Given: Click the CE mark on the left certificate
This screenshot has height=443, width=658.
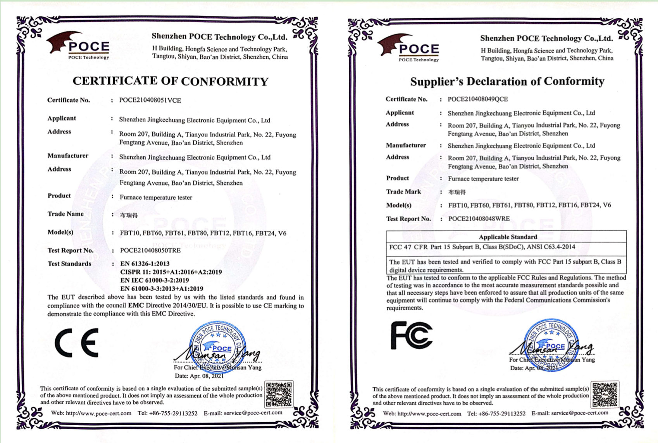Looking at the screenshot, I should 77,343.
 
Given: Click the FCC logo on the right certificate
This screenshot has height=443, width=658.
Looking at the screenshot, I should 411,335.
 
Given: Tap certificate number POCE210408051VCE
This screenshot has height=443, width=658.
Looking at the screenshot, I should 150,100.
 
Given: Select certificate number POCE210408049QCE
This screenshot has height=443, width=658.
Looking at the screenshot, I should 477,99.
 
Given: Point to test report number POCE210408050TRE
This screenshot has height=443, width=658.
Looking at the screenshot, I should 150,251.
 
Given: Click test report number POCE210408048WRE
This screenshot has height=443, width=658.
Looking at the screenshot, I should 479,219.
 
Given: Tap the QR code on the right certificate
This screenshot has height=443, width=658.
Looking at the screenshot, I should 605,395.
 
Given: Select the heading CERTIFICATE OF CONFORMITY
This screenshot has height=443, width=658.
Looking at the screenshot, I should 171,81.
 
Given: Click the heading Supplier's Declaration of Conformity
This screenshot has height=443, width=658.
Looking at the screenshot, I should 507,81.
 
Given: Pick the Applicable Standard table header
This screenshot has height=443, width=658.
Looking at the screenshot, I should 508,237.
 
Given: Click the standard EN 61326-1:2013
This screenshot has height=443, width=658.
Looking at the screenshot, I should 145,264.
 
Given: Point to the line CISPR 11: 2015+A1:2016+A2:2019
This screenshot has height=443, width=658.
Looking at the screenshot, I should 171,272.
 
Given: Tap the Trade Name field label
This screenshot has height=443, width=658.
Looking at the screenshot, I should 65,214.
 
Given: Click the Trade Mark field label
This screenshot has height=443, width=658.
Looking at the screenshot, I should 403,192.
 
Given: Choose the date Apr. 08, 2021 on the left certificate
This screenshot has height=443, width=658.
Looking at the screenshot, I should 199,376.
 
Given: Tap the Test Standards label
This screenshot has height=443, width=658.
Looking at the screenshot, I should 69,264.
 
